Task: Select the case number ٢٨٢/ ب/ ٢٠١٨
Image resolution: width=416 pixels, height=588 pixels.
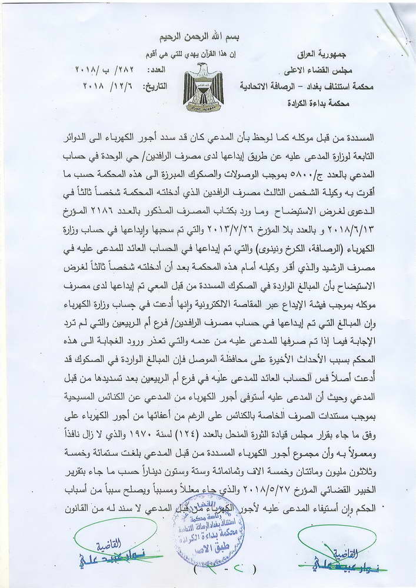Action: tap(104, 71)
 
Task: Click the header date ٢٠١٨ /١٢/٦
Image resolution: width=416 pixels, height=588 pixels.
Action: tap(104, 86)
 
